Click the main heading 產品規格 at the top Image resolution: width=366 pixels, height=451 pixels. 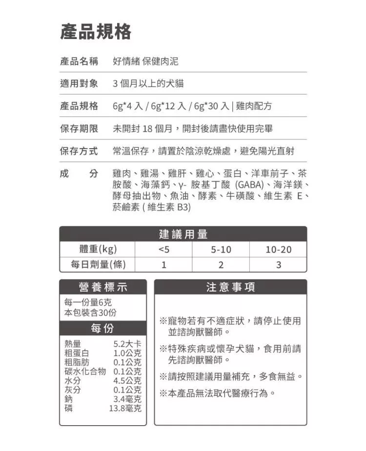pyautogui.click(x=96, y=32)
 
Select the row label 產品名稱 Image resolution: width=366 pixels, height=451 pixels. pyautogui.click(x=79, y=61)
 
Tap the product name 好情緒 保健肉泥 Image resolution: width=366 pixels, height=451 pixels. pyautogui.click(x=145, y=61)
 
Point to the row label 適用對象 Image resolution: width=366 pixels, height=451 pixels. pyautogui.click(x=79, y=84)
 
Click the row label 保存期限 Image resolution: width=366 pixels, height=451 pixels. pyautogui.click(x=79, y=129)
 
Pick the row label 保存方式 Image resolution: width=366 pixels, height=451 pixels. pyautogui.click(x=79, y=151)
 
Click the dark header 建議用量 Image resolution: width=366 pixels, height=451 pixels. pyautogui.click(x=183, y=234)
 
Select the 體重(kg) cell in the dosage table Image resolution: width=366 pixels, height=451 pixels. pyautogui.click(x=98, y=250)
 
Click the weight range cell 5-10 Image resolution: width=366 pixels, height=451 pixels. pyautogui.click(x=221, y=250)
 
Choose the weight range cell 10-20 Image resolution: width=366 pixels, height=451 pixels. pyautogui.click(x=278, y=250)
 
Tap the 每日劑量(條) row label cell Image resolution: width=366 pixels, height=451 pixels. pyautogui.click(x=98, y=265)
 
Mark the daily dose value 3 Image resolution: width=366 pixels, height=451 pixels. pyautogui.click(x=278, y=265)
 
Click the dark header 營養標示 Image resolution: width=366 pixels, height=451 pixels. pyautogui.click(x=102, y=287)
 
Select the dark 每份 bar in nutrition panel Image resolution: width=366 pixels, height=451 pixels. pyautogui.click(x=102, y=328)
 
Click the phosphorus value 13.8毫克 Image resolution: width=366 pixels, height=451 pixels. pyautogui.click(x=125, y=408)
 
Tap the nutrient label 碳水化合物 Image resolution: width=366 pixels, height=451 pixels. pyautogui.click(x=85, y=371)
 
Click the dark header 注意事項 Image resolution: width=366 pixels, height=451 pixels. pyautogui.click(x=230, y=287)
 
